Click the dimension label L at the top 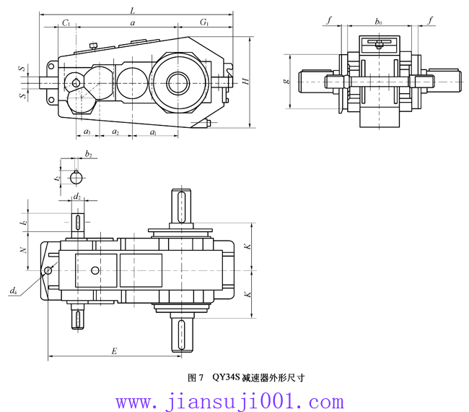(131, 10)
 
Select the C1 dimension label (66, 23)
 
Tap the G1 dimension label (206, 23)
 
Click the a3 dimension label (87, 132)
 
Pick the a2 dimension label (115, 132)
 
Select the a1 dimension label (154, 132)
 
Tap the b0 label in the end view (379, 22)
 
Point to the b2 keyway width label (88, 154)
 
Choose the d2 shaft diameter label (77, 196)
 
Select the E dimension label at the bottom (114, 351)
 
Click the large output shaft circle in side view (178, 81)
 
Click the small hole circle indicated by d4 (48, 270)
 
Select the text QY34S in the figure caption (226, 377)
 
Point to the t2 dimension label (57, 176)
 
